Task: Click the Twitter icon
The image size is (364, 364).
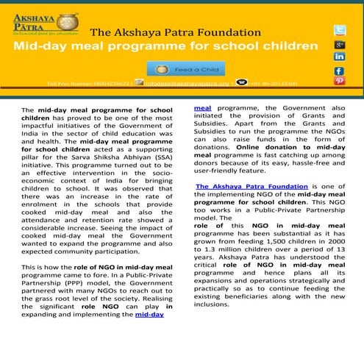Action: tap(339, 30)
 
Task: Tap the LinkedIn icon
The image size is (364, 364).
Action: tap(339, 57)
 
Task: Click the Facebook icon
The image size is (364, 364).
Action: tap(339, 71)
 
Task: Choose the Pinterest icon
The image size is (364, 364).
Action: tap(339, 81)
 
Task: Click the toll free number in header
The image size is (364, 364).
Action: tap(88, 84)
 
